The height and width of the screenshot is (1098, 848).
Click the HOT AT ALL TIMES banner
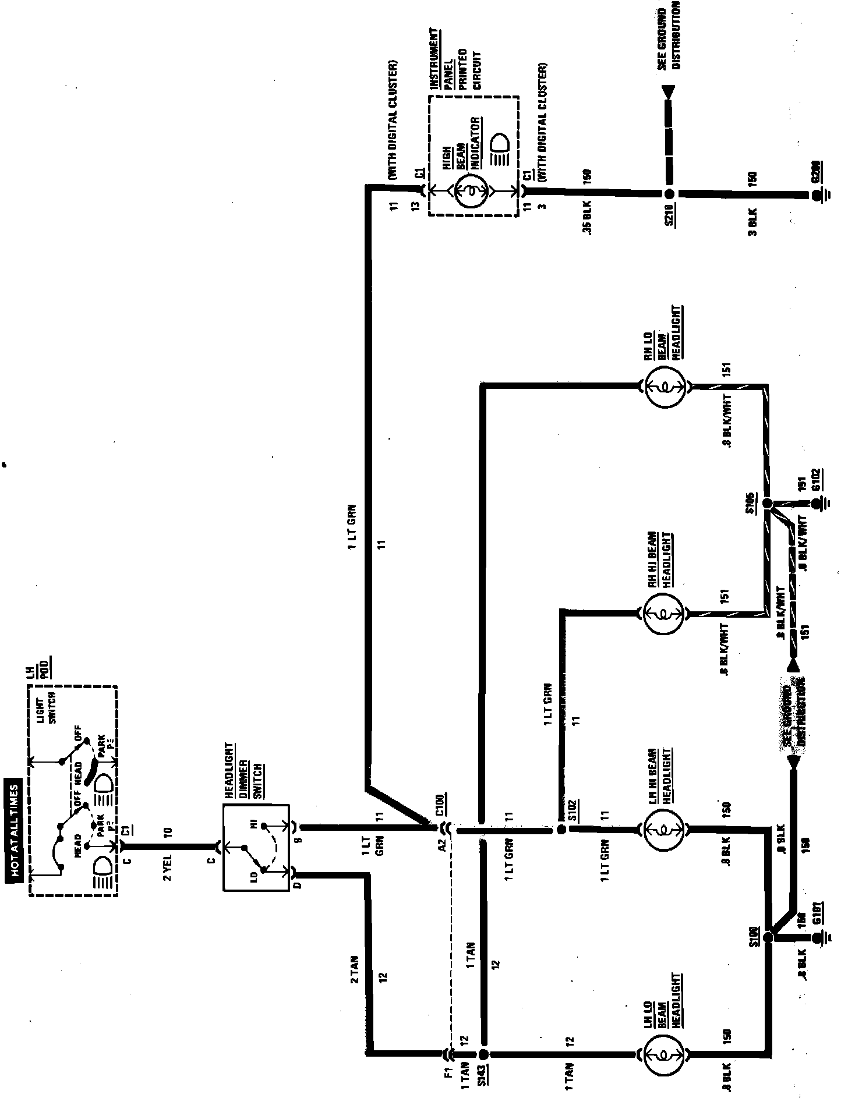tap(14, 834)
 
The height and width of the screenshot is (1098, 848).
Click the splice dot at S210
tap(670, 193)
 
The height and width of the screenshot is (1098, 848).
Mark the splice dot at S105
tap(768, 503)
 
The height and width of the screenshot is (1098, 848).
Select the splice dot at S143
tap(483, 1054)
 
